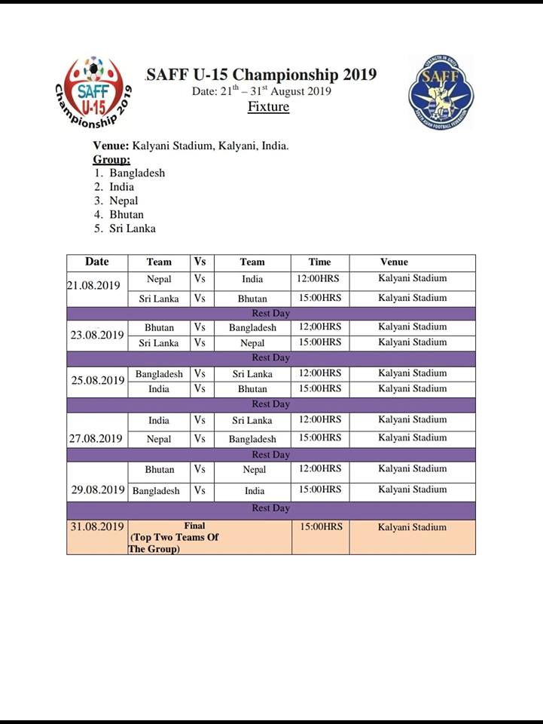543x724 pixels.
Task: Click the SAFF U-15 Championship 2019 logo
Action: point(93,93)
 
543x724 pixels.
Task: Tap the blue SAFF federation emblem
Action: point(441,92)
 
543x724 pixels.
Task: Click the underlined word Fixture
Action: point(268,106)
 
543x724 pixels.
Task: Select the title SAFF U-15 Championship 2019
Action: point(261,75)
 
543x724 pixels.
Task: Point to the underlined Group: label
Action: point(111,159)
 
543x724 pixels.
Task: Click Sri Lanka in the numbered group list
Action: point(133,228)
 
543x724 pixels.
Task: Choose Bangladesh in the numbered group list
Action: point(137,173)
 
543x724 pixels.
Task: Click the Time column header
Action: point(319,262)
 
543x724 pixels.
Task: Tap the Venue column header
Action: point(394,262)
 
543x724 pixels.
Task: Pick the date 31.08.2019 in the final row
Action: point(97,526)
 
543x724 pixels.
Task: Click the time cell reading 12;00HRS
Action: point(319,327)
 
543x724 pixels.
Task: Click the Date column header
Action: point(96,262)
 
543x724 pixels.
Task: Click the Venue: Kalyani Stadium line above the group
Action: point(191,146)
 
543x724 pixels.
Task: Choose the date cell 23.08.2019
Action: point(97,335)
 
